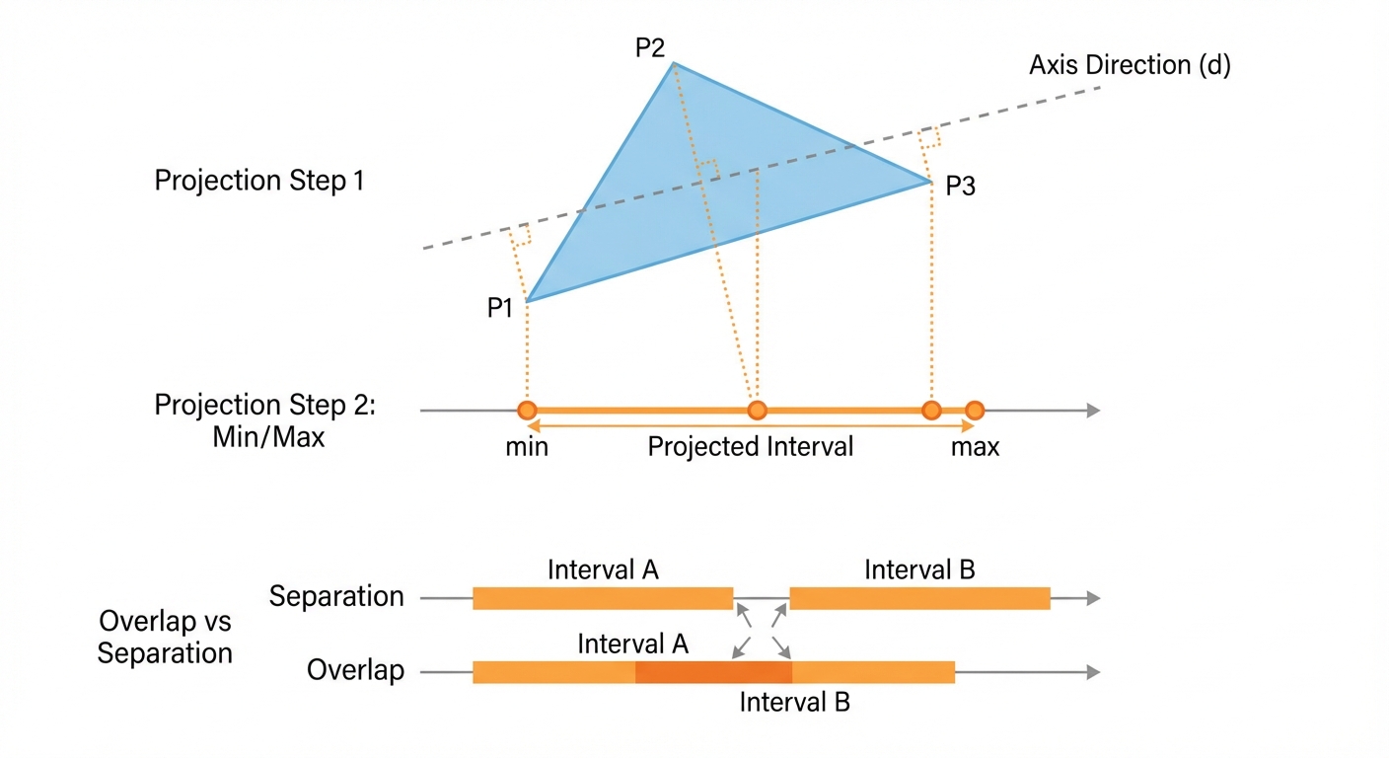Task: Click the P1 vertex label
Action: [500, 308]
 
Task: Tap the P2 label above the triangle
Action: [650, 47]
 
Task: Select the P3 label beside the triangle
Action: [960, 186]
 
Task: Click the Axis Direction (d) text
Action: [1130, 65]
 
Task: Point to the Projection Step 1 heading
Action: [259, 181]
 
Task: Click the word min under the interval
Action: [527, 447]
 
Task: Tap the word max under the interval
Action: [975, 447]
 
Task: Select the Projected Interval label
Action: [750, 447]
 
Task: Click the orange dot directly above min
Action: [527, 410]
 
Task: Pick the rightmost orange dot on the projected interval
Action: [975, 410]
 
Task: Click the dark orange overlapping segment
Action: [713, 672]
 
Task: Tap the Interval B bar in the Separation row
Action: [919, 598]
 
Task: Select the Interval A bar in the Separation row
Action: [603, 598]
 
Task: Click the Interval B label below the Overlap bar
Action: [794, 703]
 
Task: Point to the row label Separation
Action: [336, 596]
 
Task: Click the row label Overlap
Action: [355, 671]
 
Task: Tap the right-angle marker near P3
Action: [927, 138]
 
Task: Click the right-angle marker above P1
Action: [520, 235]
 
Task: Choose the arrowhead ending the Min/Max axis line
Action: [1093, 410]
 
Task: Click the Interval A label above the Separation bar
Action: [603, 569]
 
